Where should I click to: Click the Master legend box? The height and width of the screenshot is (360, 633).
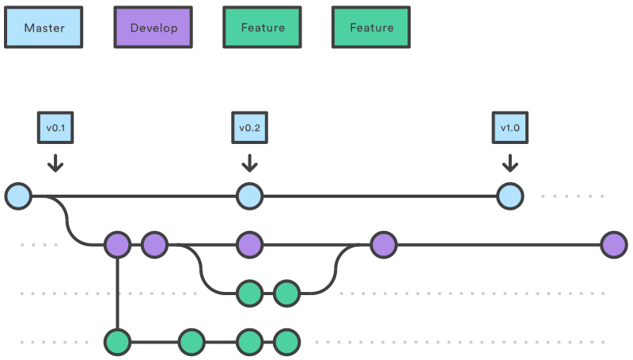tap(44, 28)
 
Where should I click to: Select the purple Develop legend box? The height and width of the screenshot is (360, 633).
tap(154, 28)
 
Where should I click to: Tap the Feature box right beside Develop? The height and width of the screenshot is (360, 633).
tap(263, 28)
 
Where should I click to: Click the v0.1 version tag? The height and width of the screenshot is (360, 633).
tap(55, 127)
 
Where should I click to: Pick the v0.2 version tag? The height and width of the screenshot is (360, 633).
tap(249, 127)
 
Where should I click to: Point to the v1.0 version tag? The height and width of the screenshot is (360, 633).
tap(510, 127)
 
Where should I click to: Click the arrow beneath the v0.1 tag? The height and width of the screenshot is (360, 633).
tap(55, 163)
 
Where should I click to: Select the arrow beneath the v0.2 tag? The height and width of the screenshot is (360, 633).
tap(249, 163)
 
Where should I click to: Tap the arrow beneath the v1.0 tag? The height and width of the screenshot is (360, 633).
tap(510, 163)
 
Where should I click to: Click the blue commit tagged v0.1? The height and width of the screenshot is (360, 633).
tap(18, 195)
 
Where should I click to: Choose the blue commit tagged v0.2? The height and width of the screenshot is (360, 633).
tap(249, 195)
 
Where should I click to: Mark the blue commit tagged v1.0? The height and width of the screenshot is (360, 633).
tap(510, 195)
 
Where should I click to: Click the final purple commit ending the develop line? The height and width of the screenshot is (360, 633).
tap(613, 244)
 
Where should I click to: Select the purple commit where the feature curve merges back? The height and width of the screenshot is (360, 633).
tap(383, 244)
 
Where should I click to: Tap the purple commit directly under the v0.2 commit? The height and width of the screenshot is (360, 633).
tap(249, 244)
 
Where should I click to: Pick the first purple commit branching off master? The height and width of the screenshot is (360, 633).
tap(117, 244)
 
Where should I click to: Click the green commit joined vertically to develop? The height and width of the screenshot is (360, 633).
tap(117, 343)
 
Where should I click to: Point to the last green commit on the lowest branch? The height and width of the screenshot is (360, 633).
tap(286, 343)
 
